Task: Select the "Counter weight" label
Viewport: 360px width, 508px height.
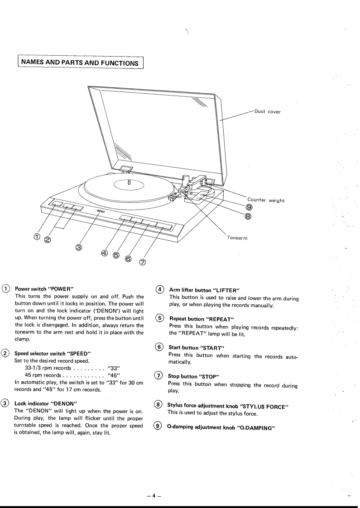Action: pyautogui.click(x=266, y=201)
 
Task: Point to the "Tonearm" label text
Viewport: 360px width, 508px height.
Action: pyautogui.click(x=237, y=238)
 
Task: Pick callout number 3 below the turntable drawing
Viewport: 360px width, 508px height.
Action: pyautogui.click(x=79, y=247)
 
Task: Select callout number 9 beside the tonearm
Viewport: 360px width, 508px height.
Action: pyautogui.click(x=249, y=208)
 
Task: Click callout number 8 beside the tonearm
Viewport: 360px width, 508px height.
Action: pyautogui.click(x=249, y=216)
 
